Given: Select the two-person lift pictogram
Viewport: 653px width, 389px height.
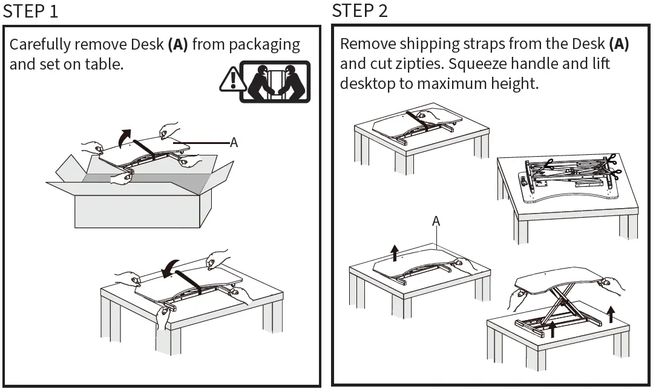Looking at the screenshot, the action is tap(275, 82).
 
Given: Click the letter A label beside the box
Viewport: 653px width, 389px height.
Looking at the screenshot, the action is tap(234, 143).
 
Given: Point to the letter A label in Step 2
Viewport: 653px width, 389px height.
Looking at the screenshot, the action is tap(436, 221).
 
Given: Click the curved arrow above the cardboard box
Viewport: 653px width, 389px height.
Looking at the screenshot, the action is tap(125, 138).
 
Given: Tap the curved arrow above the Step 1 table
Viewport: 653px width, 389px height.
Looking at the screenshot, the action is tap(170, 269).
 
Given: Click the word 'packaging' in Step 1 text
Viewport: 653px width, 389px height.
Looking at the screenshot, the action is tap(264, 45).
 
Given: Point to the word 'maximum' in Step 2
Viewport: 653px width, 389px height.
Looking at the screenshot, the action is tap(452, 83).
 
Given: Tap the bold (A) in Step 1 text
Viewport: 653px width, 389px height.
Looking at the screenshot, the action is tap(178, 45).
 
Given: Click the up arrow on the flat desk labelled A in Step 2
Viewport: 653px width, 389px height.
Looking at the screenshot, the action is tap(395, 253).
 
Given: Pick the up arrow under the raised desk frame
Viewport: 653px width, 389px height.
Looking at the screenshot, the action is tap(552, 329).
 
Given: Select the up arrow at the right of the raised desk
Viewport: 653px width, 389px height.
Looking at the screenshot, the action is tap(611, 315).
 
